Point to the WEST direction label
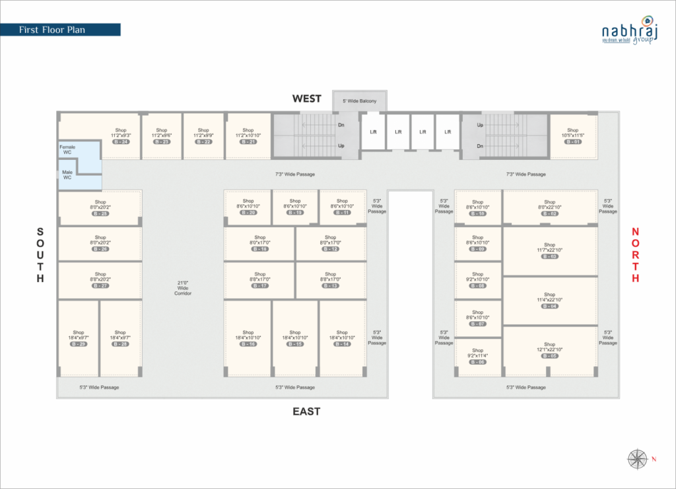307,98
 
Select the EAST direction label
307,411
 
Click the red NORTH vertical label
635,255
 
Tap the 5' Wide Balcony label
359,101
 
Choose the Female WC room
67,150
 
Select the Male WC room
67,175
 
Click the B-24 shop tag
121,142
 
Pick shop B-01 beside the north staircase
572,136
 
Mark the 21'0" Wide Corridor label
183,288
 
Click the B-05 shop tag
550,356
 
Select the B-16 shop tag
248,344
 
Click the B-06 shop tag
478,362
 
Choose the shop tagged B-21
248,136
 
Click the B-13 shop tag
331,285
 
